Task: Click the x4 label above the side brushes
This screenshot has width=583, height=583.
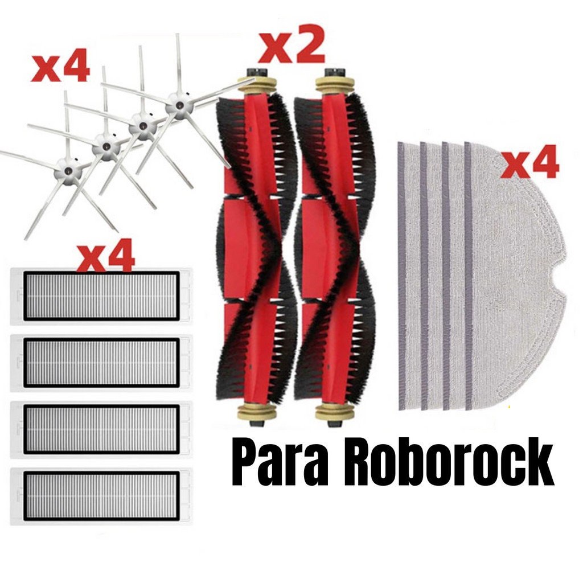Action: pyautogui.click(x=60, y=69)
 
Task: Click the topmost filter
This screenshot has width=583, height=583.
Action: pyautogui.click(x=101, y=296)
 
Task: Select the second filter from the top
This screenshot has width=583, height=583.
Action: pyautogui.click(x=101, y=362)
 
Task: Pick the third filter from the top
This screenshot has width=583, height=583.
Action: pyautogui.click(x=101, y=429)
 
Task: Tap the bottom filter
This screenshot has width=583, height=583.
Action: pyautogui.click(x=101, y=495)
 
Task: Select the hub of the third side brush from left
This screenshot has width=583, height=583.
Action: pyautogui.click(x=142, y=125)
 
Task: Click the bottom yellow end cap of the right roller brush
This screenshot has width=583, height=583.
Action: pyautogui.click(x=334, y=411)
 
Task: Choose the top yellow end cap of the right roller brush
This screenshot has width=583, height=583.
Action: pyautogui.click(x=334, y=83)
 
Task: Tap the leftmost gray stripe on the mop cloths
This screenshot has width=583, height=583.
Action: pyautogui.click(x=401, y=276)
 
